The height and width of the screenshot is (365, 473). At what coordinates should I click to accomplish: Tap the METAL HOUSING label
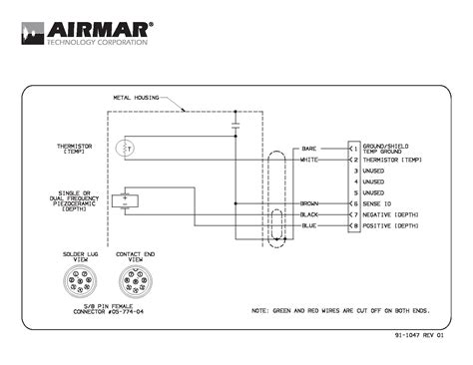(x=134, y=98)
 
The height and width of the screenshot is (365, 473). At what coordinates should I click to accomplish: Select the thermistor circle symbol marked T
(x=126, y=149)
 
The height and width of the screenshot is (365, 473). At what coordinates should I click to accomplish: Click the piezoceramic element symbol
(x=126, y=197)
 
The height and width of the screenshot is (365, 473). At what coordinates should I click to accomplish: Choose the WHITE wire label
(x=309, y=160)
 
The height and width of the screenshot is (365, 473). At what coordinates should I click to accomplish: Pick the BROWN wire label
(x=309, y=203)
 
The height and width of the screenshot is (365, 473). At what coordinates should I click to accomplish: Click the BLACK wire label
(x=309, y=214)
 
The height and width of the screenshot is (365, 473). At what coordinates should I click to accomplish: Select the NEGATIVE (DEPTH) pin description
(x=392, y=214)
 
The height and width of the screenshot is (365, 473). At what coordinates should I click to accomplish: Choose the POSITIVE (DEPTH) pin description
(x=392, y=226)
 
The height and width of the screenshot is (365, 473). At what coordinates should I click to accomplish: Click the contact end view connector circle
(x=135, y=279)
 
